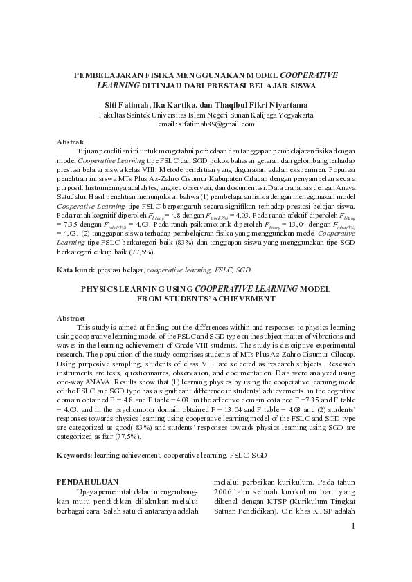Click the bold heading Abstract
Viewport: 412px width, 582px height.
point(71,317)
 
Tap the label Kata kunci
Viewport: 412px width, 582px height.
point(75,269)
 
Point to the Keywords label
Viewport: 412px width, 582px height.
point(73,456)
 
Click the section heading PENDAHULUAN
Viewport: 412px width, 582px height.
point(87,481)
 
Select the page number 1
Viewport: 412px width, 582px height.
point(352,527)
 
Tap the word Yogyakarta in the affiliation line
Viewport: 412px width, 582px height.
point(294,114)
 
